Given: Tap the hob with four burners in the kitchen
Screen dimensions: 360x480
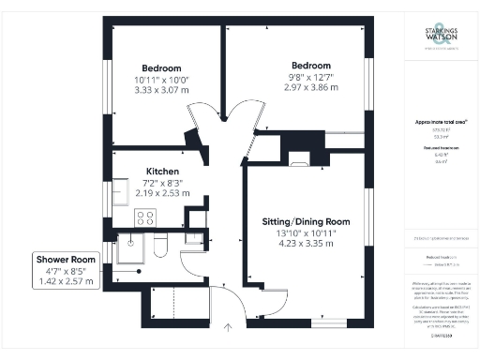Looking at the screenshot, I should click(146, 218).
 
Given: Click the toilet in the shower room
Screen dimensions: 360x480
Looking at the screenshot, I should click(159, 247).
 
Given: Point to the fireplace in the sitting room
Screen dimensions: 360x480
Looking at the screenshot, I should click(300, 157).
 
